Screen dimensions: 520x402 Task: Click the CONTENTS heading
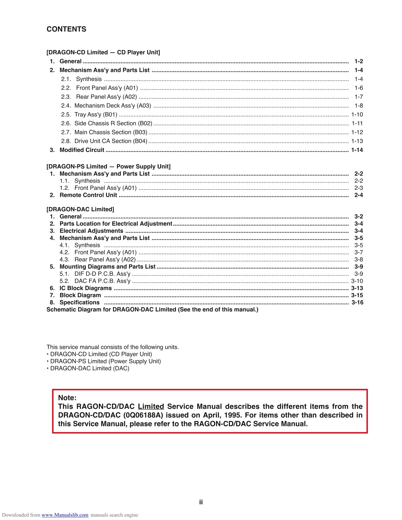click(x=66, y=29)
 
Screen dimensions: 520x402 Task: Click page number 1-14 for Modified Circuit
click(x=357, y=150)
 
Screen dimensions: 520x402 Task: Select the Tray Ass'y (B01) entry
click(x=96, y=114)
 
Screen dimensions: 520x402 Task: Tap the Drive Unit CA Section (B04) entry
click(x=111, y=141)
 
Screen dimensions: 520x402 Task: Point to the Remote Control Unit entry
click(x=88, y=195)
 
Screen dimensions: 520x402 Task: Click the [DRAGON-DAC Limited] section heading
click(x=80, y=209)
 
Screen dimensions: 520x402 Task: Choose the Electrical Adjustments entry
click(x=91, y=231)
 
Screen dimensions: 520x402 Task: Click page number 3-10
click(x=357, y=281)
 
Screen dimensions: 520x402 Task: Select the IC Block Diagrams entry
click(x=85, y=288)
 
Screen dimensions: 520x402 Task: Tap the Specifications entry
click(x=79, y=302)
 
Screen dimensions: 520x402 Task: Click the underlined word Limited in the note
click(x=151, y=406)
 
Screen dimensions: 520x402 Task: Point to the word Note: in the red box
click(x=67, y=398)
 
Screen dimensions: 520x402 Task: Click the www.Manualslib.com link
click(x=65, y=515)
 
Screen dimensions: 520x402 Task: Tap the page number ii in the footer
click(x=201, y=502)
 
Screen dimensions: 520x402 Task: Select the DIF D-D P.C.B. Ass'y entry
click(x=102, y=274)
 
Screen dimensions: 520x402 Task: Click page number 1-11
click(x=357, y=123)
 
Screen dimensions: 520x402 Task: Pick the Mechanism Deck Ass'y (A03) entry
click(x=113, y=106)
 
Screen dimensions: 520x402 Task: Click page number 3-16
click(x=357, y=302)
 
